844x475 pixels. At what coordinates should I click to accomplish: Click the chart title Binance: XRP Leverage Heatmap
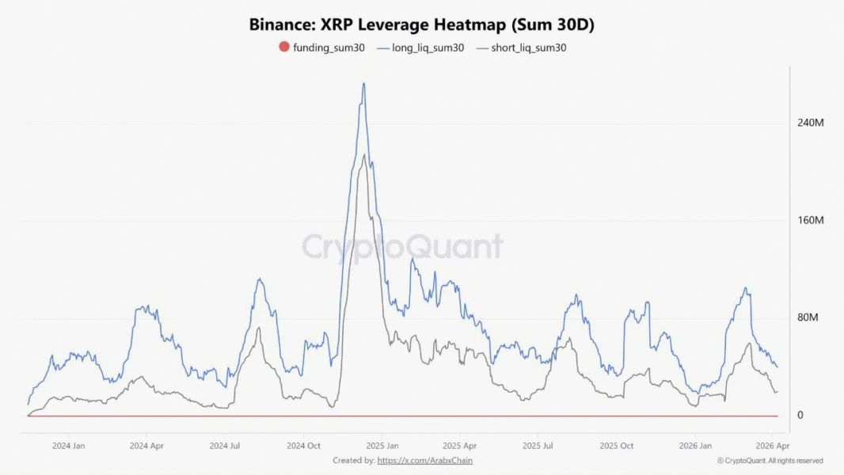421,24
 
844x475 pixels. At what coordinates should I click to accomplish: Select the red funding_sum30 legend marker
284,47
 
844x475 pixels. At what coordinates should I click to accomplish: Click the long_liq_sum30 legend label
428,47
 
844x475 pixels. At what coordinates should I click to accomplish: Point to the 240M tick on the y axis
811,123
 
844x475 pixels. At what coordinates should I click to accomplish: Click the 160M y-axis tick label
811,220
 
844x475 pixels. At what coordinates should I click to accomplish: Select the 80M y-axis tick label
808,317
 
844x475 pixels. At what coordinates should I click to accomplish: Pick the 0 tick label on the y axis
800,415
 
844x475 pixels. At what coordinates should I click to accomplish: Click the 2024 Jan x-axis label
69,446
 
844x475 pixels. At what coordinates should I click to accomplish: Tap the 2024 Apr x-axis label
146,446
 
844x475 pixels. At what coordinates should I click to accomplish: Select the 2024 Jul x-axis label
225,446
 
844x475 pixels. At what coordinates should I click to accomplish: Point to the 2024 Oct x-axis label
303,446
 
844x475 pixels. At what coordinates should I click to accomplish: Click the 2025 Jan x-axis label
382,446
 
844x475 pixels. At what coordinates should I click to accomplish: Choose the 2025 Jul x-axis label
538,446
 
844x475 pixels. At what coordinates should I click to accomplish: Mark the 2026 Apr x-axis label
770,446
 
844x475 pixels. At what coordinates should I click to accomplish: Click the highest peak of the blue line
363,83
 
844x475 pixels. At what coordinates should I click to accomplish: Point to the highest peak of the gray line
363,154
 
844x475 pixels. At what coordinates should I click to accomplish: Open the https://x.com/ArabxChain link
425,460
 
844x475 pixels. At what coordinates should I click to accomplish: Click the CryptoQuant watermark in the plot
402,247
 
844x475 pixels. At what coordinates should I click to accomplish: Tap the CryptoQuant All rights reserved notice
770,461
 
